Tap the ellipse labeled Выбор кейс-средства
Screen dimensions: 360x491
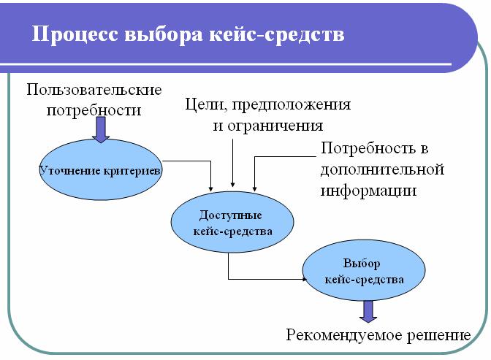point(363,271)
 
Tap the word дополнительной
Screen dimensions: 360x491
point(381,169)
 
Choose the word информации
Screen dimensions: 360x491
point(368,191)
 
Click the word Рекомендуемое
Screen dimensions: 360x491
point(340,337)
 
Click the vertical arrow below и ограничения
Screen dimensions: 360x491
point(232,161)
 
